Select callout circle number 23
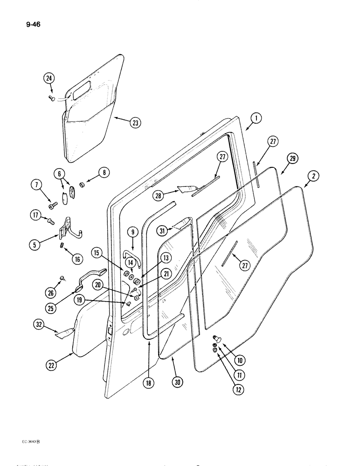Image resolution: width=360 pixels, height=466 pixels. point(135,123)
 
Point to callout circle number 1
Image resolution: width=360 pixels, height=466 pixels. point(255,119)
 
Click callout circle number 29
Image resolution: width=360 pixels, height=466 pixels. point(292,159)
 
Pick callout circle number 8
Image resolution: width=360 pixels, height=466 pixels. point(104,173)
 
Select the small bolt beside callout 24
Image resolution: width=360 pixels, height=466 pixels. point(52,98)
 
